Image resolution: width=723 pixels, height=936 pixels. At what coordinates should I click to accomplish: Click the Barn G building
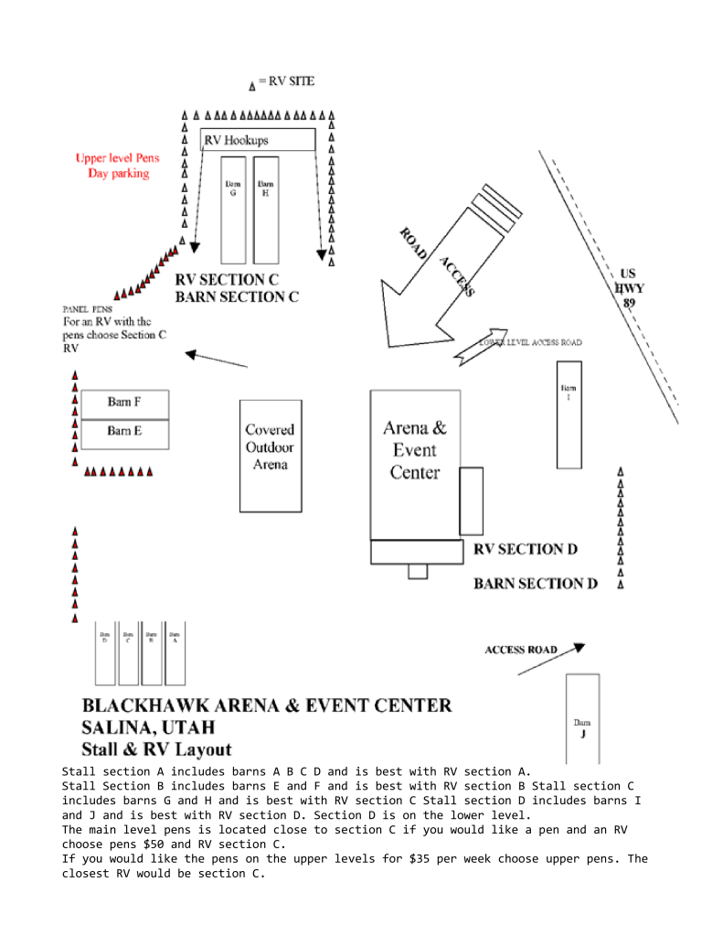[x=233, y=210]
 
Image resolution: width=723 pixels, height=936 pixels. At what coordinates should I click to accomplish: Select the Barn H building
[x=266, y=210]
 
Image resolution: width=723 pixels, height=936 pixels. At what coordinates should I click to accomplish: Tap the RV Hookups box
[x=258, y=140]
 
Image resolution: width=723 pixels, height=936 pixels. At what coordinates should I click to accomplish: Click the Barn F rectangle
[x=124, y=403]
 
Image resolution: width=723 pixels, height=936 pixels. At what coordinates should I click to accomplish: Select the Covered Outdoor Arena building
[x=270, y=455]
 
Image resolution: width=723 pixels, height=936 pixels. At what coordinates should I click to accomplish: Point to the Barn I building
[x=569, y=414]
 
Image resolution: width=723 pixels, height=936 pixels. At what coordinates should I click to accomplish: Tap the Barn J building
[x=582, y=718]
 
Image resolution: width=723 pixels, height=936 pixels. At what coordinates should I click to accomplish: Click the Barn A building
[x=175, y=653]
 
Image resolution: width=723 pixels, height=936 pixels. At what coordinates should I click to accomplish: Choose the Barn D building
[x=105, y=653]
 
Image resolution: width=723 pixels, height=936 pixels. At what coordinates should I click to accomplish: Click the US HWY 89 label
[x=630, y=287]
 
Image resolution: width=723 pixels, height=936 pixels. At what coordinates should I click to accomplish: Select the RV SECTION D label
[x=526, y=549]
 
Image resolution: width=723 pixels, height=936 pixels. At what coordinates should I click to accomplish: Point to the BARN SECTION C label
[x=237, y=296]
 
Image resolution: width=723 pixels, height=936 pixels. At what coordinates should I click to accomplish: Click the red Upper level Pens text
[x=117, y=158]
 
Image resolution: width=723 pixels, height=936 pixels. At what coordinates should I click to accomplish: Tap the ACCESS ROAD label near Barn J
[x=520, y=650]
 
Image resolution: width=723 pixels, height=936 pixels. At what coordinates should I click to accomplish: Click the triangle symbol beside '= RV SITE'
[x=252, y=86]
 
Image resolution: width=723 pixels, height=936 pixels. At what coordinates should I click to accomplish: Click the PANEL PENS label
[x=87, y=309]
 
